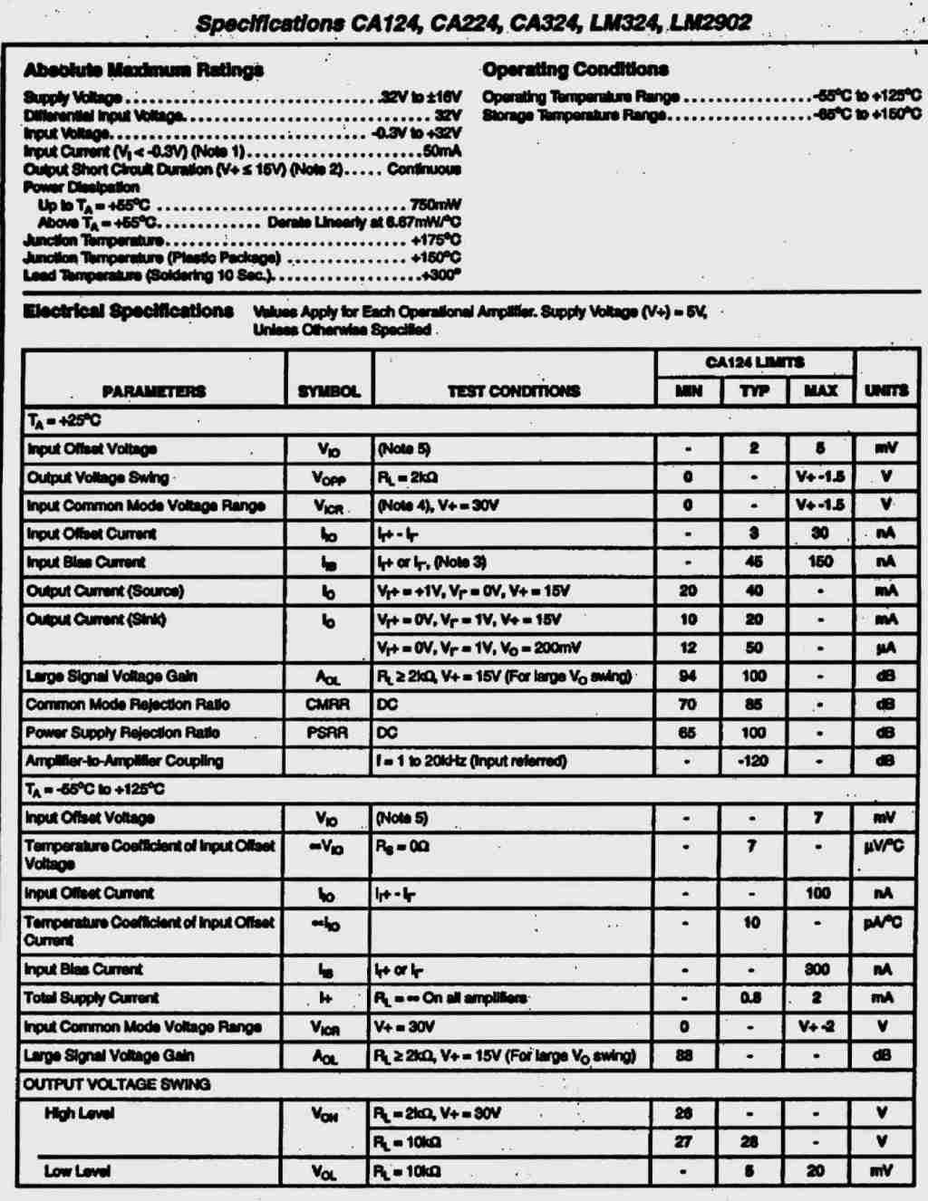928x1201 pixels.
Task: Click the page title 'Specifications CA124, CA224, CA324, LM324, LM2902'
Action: pos(473,23)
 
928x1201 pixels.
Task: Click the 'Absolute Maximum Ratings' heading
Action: pos(143,70)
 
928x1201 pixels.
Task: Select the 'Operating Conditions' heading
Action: pos(575,69)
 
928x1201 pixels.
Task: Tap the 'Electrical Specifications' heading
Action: pos(128,311)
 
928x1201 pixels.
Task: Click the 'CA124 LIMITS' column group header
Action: pos(754,362)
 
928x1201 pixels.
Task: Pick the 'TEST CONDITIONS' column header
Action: pos(513,391)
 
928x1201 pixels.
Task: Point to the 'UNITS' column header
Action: pos(885,390)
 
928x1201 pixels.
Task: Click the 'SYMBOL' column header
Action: pos(329,391)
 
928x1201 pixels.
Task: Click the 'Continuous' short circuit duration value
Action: pos(423,169)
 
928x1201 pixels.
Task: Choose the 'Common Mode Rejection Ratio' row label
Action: pos(128,704)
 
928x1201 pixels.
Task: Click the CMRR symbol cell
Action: pos(327,704)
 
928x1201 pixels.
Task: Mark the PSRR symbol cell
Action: pos(327,732)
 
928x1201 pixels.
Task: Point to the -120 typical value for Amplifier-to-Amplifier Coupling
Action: pos(752,761)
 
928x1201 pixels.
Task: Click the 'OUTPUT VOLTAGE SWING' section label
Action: pos(117,1084)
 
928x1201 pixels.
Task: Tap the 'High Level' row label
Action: pos(79,1112)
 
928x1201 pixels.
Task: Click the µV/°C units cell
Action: pos(884,846)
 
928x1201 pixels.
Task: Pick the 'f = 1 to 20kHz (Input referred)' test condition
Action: pos(471,761)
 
